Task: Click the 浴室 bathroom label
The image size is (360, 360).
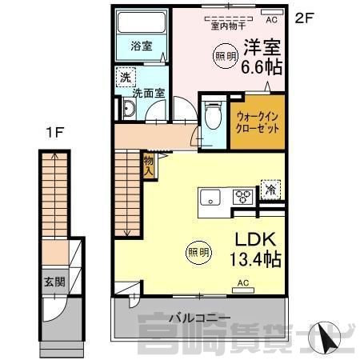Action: [142, 46]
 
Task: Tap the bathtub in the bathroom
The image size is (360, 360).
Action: [142, 22]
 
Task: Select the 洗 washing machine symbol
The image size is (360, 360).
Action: [126, 77]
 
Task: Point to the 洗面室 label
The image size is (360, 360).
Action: [149, 93]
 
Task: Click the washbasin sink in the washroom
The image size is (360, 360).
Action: [130, 108]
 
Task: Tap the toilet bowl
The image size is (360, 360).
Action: [213, 115]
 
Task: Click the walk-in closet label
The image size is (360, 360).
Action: [258, 122]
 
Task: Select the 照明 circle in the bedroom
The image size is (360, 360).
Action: [226, 56]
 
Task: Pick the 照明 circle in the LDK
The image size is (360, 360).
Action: [198, 252]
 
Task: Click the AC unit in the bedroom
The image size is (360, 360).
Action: [271, 12]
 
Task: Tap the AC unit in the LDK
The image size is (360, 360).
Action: [243, 290]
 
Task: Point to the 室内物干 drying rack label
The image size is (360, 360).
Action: [228, 26]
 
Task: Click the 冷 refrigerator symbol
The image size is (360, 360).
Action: [270, 190]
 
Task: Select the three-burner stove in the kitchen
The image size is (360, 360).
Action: [242, 197]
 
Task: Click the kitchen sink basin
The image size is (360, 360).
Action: [210, 198]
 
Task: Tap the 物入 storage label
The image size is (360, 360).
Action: [148, 166]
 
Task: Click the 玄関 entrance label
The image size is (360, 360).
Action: [54, 282]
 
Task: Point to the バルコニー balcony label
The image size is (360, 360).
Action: [200, 318]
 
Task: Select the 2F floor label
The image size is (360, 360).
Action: [303, 18]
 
